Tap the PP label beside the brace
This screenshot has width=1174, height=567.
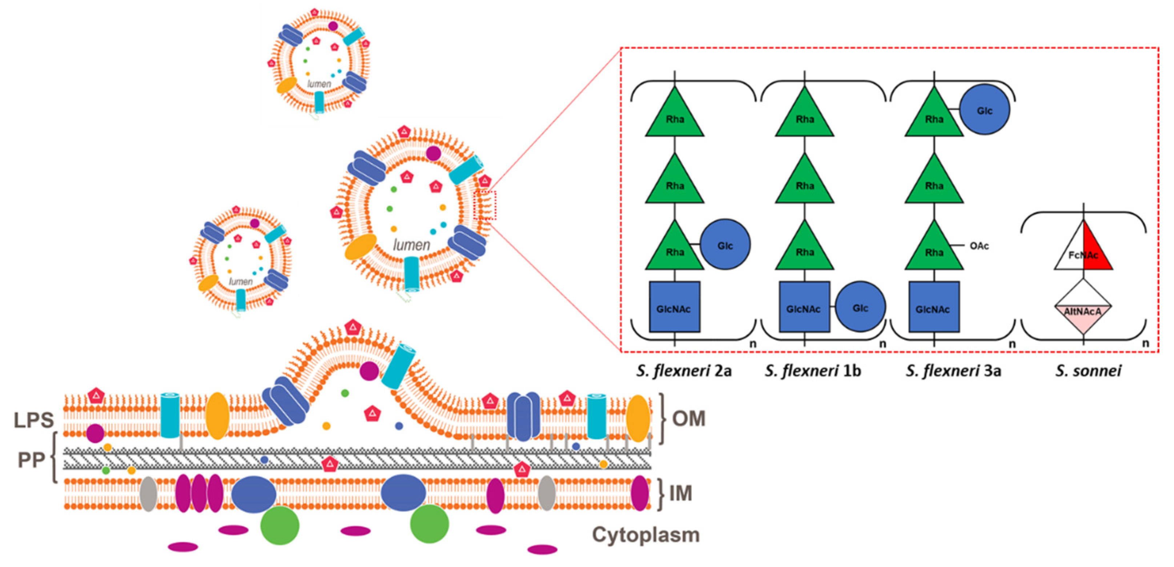point(31,460)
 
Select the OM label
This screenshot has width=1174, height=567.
point(688,418)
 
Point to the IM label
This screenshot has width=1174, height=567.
point(680,493)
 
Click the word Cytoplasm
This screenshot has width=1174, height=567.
point(645,535)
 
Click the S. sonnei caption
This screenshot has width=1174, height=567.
point(1088,371)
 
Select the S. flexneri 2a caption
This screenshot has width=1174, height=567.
point(684,371)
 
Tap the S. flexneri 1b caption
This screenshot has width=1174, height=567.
point(813,371)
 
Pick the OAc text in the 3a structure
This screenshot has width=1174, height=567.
point(978,246)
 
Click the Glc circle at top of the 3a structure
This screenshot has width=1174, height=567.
point(984,110)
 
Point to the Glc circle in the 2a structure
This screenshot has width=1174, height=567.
point(725,245)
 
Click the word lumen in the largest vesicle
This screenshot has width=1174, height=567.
point(411,245)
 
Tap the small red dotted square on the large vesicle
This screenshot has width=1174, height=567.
point(485,205)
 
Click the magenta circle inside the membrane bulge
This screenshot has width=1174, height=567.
point(369,371)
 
